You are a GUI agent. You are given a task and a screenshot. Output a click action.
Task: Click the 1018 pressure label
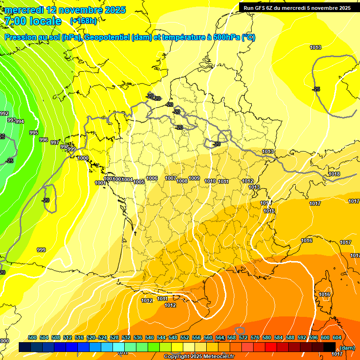334,174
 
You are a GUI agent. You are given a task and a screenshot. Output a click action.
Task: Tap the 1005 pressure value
139,182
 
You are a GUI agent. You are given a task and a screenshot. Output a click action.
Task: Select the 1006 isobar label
152,178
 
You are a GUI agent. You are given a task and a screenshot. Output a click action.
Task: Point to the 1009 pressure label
194,178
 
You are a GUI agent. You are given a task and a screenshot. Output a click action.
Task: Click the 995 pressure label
34,133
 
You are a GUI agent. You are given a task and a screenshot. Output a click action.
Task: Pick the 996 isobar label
44,140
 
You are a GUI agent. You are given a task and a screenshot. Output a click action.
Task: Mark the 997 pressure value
55,142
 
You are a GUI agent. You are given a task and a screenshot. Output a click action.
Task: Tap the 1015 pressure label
269,211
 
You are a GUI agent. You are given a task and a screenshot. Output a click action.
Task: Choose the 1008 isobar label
182,181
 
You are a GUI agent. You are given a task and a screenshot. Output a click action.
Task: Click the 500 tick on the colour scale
32,337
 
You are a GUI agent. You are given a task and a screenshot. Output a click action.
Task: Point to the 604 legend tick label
337,337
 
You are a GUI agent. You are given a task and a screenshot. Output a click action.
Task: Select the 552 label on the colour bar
185,337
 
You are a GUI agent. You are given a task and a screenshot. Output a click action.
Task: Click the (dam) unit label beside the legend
347,348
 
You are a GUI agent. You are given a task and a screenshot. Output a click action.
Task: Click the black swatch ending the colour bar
330,347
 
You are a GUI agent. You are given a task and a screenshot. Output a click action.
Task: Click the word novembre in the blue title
81,10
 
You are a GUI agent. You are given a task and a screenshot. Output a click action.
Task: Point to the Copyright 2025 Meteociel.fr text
199,357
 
